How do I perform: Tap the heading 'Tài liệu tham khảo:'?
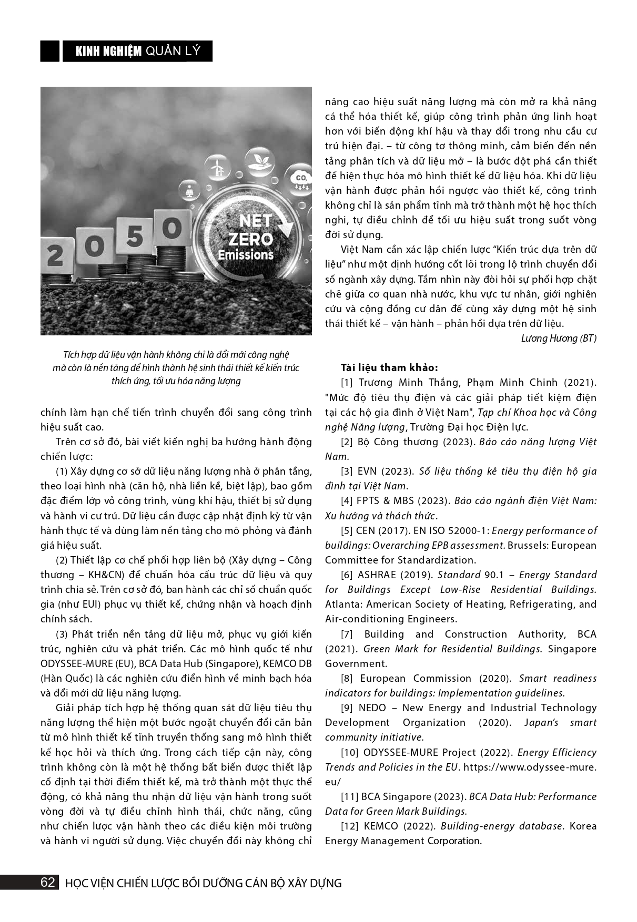pyautogui.click(x=389, y=367)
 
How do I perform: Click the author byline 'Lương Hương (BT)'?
pyautogui.click(x=559, y=339)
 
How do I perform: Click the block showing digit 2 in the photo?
pyautogui.click(x=54, y=257)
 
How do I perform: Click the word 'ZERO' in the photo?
pyautogui.click(x=250, y=239)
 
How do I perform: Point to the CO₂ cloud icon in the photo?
pyautogui.click(x=301, y=179)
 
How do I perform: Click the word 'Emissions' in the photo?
pyautogui.click(x=246, y=255)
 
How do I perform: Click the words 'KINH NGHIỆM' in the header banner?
pyautogui.click(x=109, y=51)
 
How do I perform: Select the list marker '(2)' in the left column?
pyautogui.click(x=63, y=560)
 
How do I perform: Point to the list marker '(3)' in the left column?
pyautogui.click(x=63, y=634)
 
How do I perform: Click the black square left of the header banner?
pyautogui.click(x=50, y=51)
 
